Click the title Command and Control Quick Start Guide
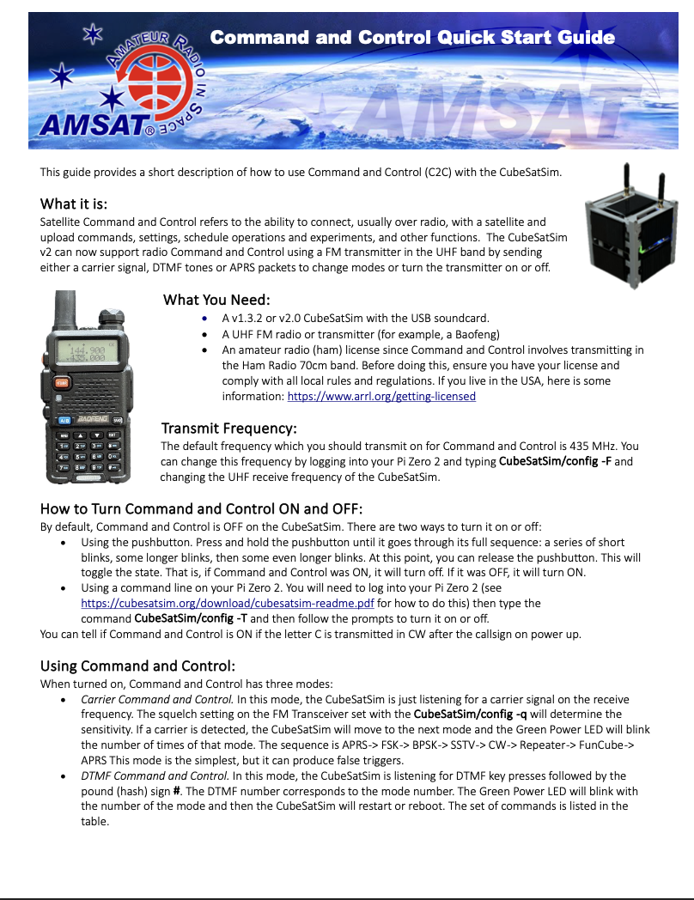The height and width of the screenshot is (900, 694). click(x=412, y=37)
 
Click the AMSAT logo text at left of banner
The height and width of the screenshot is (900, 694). click(x=96, y=125)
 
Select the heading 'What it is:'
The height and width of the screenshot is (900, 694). click(x=74, y=204)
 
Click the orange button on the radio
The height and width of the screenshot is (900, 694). click(x=61, y=382)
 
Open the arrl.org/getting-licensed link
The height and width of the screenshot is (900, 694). click(x=380, y=396)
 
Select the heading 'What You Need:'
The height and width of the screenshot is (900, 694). click(x=216, y=300)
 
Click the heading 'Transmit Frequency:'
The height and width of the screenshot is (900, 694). click(x=229, y=428)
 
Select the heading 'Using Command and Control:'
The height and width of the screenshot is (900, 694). click(x=137, y=666)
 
